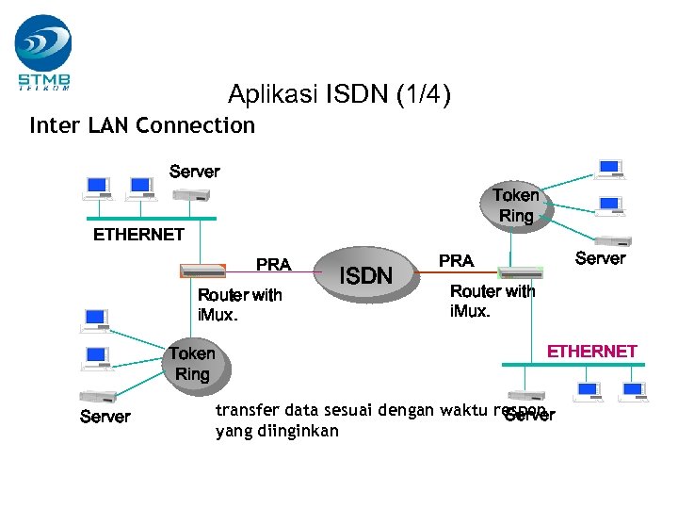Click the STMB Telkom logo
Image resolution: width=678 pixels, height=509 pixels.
43,52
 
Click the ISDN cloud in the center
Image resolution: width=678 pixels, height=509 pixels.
365,275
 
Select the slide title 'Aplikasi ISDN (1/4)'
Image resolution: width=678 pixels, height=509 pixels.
339,94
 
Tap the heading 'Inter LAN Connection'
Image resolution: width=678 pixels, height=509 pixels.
142,125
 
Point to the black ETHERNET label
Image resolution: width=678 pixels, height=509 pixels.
138,235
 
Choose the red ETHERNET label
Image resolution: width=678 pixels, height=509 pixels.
592,351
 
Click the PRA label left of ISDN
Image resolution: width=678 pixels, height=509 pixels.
274,265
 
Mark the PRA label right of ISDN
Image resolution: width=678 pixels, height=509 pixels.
457,260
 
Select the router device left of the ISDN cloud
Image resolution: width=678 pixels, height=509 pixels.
202,271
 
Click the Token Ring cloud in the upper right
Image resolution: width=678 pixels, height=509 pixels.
516,205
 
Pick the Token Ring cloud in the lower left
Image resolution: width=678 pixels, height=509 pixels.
192,364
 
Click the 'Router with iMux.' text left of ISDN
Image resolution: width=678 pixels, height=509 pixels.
239,304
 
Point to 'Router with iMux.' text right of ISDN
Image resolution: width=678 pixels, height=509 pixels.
492,301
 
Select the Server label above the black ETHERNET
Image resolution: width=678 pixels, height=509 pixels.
194,172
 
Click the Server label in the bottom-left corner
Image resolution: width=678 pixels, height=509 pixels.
105,417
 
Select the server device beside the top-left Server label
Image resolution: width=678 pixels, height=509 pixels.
191,194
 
